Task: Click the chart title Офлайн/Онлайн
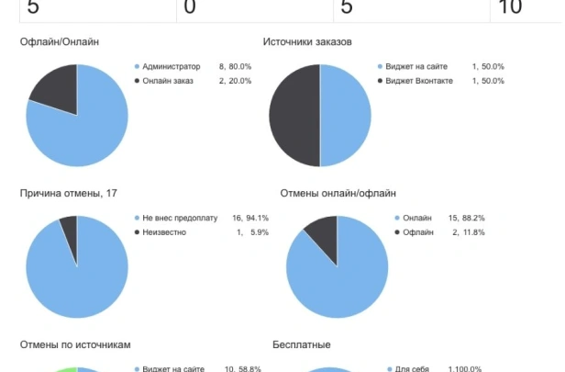tap(59, 42)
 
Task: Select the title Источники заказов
tap(307, 42)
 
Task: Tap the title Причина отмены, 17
tap(69, 193)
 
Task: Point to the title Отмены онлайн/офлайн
tap(338, 193)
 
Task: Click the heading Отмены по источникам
tap(75, 344)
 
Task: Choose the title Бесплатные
tap(302, 344)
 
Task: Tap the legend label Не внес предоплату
tap(180, 219)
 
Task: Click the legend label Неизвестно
tap(164, 232)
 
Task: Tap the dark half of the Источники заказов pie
tap(294, 116)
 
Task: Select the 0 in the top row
tap(190, 7)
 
